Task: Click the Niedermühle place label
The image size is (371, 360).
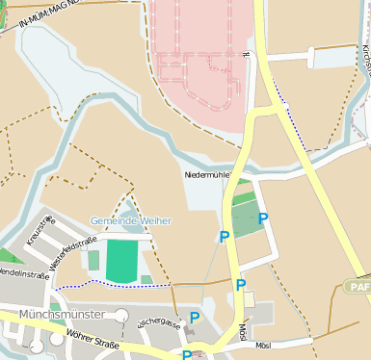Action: pos(208,176)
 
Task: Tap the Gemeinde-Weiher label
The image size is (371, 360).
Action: pos(131,220)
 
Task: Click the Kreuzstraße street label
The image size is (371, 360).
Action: pos(42,232)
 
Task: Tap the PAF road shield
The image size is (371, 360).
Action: pos(358,287)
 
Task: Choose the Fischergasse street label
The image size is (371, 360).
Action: pos(157,322)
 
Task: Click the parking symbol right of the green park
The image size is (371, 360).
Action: pos(262,218)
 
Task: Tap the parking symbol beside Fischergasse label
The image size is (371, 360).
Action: pos(195,317)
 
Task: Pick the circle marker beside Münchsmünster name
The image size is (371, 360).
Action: pos(121,315)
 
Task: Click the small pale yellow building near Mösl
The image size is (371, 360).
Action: pos(250,299)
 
